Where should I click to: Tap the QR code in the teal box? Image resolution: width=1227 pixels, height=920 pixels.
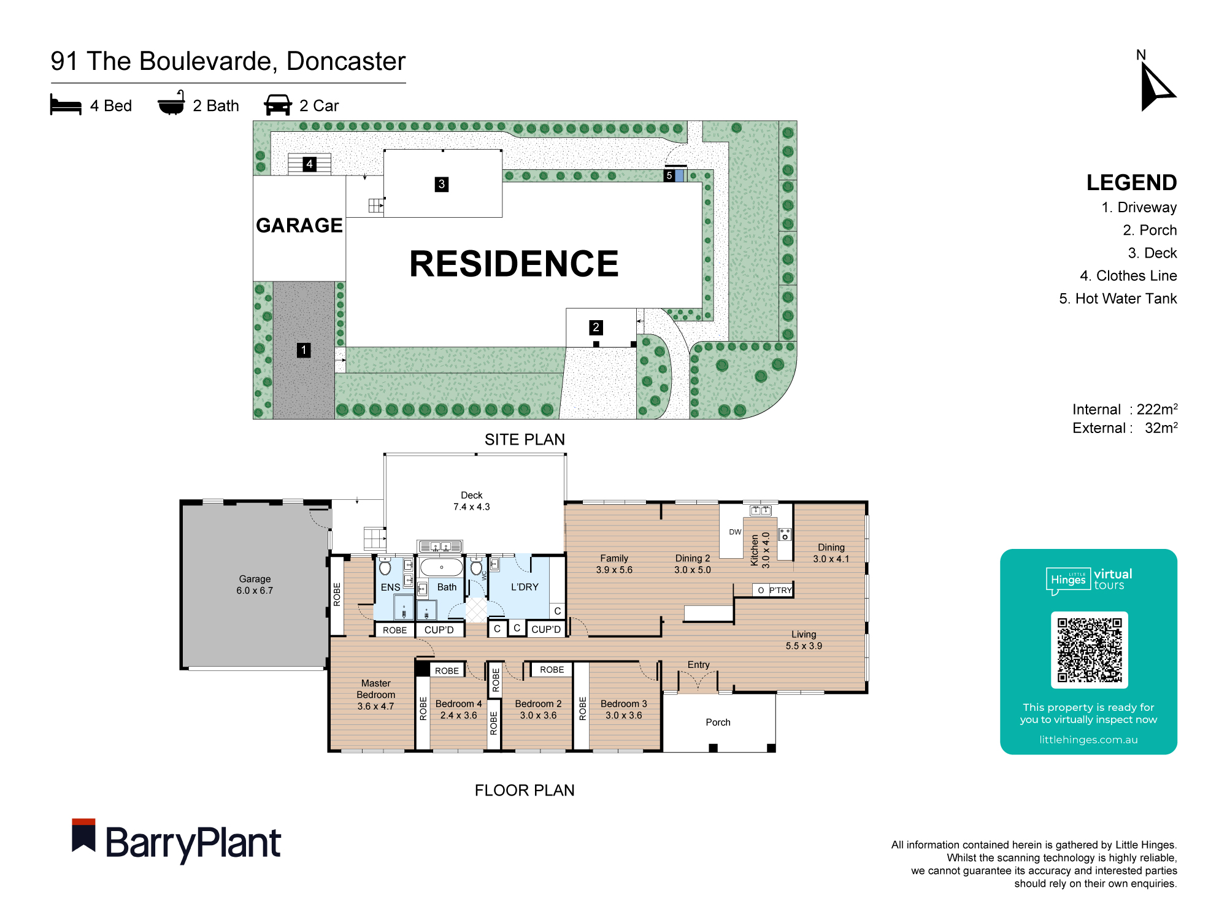click(1089, 650)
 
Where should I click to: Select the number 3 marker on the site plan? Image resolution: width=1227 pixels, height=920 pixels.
click(441, 184)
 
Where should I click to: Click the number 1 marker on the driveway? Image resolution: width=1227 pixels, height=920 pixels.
click(304, 350)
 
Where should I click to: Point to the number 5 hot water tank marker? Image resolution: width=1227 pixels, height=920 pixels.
click(669, 175)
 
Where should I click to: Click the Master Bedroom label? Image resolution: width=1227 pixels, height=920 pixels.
click(375, 694)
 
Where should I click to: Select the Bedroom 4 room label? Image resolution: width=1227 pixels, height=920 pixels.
click(458, 709)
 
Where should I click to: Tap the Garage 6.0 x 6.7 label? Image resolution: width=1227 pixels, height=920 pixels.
click(255, 585)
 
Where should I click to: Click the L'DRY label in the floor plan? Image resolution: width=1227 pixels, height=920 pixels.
click(525, 587)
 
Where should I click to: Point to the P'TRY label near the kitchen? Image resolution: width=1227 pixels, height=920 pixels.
click(780, 590)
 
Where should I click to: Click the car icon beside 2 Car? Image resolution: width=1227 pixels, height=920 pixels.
click(278, 105)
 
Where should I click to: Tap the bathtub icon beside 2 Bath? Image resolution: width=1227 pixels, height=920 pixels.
click(171, 104)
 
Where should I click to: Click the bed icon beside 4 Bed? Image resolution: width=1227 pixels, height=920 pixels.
click(66, 105)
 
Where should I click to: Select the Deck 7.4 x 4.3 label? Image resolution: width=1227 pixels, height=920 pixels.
click(471, 500)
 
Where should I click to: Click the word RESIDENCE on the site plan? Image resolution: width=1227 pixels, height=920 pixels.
click(513, 264)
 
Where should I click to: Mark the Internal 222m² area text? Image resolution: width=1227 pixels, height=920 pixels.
click(1124, 409)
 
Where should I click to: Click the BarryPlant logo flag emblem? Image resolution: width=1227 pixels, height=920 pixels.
click(83, 835)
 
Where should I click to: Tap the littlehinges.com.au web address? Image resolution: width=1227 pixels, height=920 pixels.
click(1088, 740)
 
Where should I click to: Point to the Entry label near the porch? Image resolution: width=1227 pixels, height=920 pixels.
click(698, 664)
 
